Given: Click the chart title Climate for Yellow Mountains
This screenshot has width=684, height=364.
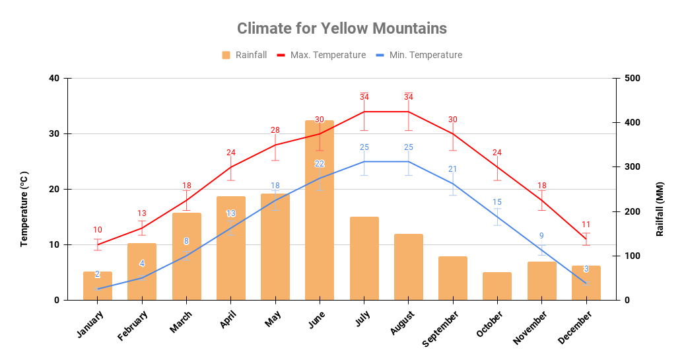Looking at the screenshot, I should click(x=341, y=28).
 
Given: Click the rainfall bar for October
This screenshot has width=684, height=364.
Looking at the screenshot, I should click(x=497, y=286).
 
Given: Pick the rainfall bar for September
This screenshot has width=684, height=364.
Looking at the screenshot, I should click(x=453, y=278).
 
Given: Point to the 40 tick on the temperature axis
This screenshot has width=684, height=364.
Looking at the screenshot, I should click(x=54, y=79).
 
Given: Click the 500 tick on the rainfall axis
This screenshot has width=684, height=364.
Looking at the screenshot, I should click(x=632, y=79).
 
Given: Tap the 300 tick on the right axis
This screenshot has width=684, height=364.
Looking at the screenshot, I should click(x=632, y=167).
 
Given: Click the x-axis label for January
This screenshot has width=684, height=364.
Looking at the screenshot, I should click(x=90, y=324).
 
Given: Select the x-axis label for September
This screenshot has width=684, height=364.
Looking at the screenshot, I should click(x=440, y=329).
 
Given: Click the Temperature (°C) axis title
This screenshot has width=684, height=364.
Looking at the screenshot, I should click(x=24, y=208).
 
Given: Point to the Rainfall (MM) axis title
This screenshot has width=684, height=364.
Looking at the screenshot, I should click(x=660, y=209).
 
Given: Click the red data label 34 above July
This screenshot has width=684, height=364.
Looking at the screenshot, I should click(x=364, y=97).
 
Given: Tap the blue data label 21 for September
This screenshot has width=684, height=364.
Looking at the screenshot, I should click(x=453, y=169).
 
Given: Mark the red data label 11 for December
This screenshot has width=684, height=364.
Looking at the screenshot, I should click(x=586, y=225).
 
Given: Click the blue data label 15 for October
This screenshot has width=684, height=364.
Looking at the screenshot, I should click(x=497, y=202).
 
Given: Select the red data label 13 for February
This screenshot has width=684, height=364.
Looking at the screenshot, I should click(x=142, y=213).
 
